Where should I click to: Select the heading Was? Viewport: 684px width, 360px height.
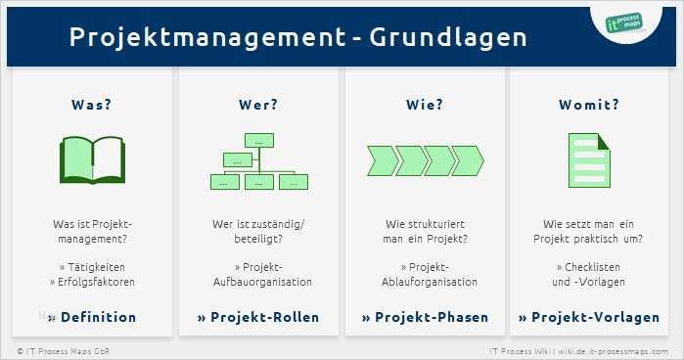click(92, 105)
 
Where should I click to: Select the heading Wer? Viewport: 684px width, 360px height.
click(258, 105)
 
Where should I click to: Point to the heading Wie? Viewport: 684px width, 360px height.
click(425, 105)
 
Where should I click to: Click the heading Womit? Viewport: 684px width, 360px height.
click(589, 105)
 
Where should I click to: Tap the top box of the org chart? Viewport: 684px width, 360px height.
click(259, 140)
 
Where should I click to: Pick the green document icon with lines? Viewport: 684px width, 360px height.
click(589, 160)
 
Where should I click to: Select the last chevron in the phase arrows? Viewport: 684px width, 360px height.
click(469, 160)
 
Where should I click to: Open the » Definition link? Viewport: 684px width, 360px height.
click(92, 317)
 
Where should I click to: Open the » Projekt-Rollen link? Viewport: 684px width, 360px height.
click(258, 317)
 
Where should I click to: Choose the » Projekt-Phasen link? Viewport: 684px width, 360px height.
click(425, 317)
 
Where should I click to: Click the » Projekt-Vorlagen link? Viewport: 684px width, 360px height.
click(590, 317)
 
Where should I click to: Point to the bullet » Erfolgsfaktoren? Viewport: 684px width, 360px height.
click(92, 282)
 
